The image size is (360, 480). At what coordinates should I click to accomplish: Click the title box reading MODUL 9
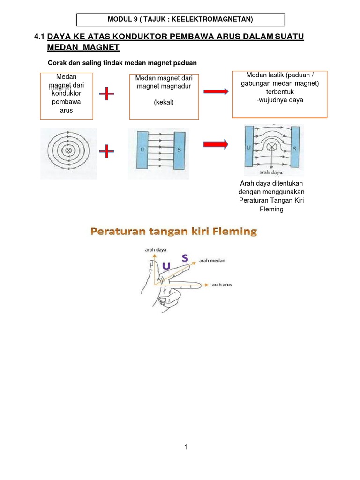(x=180, y=19)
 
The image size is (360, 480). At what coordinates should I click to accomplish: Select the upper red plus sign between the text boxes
(x=107, y=94)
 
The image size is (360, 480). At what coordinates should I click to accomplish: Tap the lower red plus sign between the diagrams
(x=107, y=151)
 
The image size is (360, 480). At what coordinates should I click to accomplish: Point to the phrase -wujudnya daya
(x=280, y=100)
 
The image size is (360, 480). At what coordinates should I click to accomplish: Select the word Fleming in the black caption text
(x=271, y=209)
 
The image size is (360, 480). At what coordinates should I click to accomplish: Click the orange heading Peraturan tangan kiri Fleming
(x=174, y=231)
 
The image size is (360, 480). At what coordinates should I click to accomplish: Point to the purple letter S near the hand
(x=186, y=257)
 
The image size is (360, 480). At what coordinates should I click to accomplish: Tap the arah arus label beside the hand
(x=222, y=285)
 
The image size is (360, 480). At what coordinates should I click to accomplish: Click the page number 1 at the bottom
(x=186, y=447)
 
